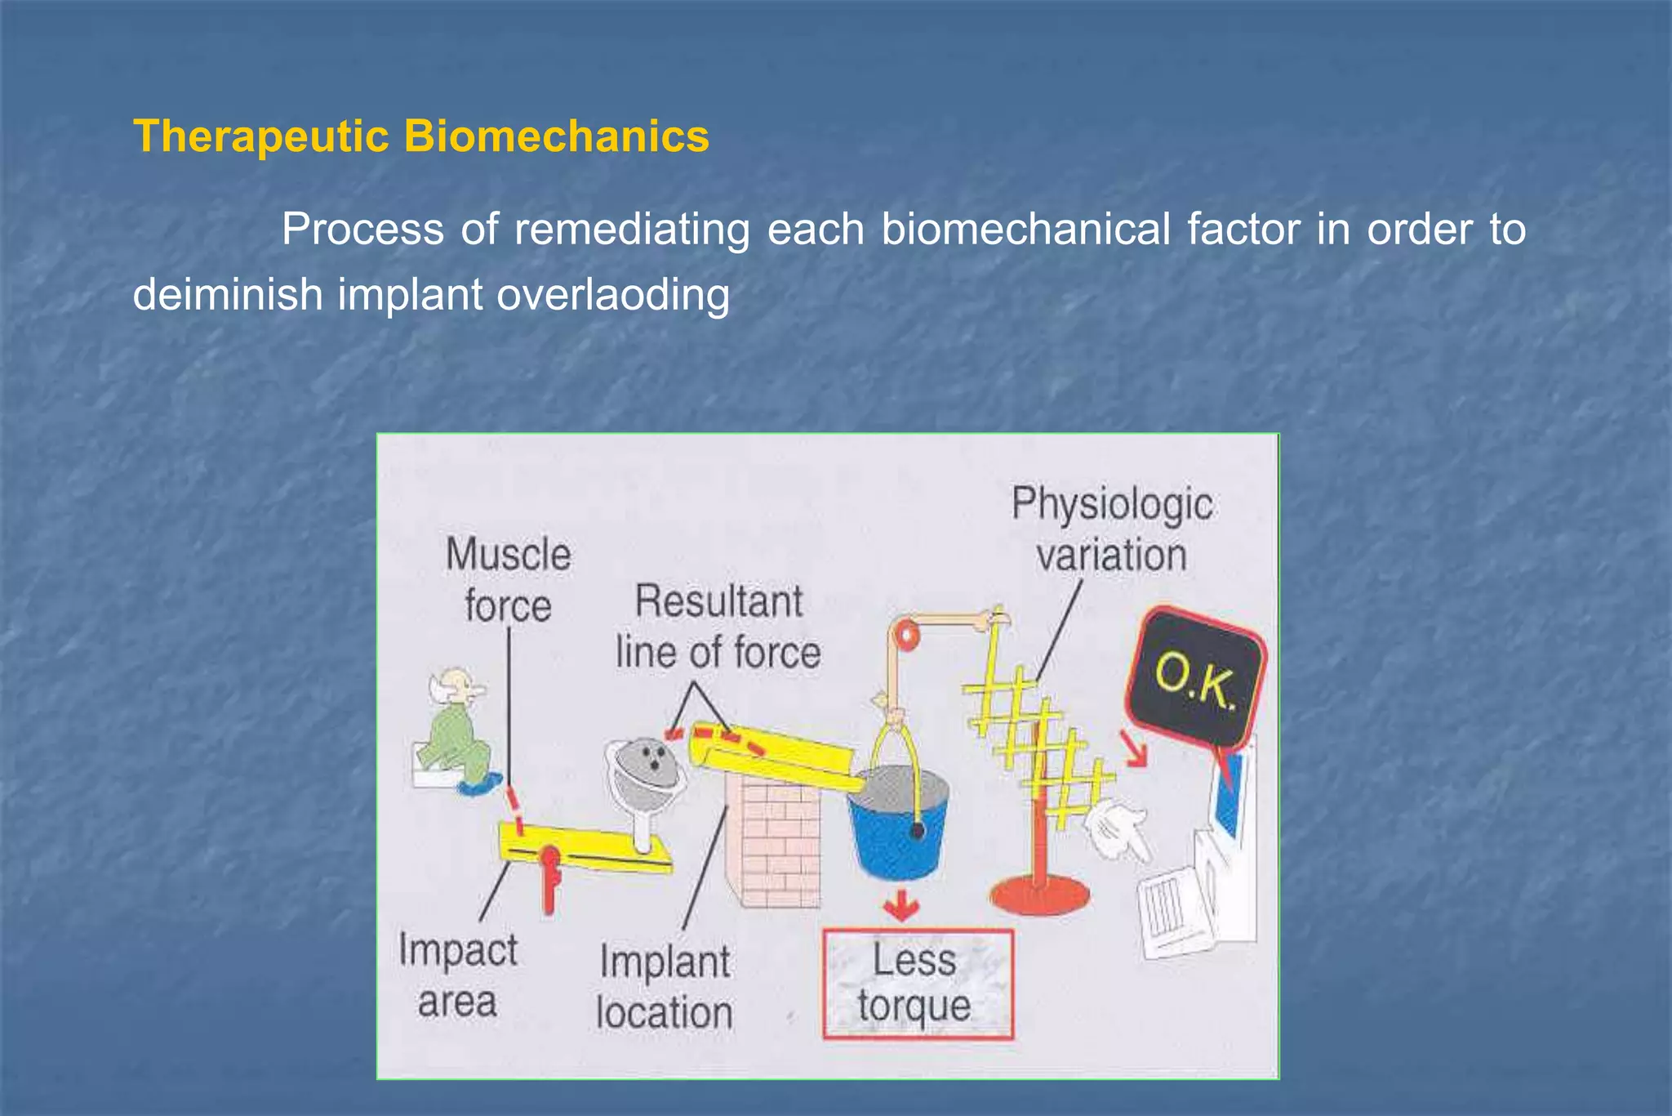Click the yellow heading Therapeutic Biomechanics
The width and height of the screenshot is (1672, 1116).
click(x=421, y=136)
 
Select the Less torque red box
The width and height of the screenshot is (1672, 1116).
click(x=917, y=984)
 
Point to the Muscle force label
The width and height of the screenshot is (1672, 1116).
click(x=508, y=581)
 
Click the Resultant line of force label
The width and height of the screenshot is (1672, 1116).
click(x=718, y=627)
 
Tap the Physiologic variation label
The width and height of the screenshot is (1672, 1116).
click(x=1111, y=529)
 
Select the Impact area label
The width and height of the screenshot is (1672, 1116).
click(x=457, y=975)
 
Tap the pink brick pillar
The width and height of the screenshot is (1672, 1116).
click(x=773, y=841)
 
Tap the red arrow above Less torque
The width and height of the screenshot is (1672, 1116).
click(x=900, y=905)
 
